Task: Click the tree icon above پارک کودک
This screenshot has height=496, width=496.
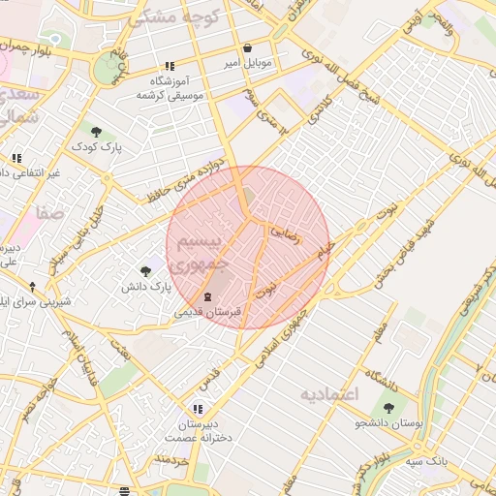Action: tap(95, 132)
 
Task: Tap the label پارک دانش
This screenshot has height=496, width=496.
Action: tap(145, 288)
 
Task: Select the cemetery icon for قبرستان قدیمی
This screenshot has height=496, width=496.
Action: tap(206, 296)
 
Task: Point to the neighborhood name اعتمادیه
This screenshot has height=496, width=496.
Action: tap(328, 394)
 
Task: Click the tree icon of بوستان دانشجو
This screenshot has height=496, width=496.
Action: tap(388, 408)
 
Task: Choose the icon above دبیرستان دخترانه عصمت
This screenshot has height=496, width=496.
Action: tap(199, 409)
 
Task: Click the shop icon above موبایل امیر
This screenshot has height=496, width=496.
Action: tap(247, 47)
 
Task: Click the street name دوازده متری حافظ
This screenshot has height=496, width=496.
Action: tap(190, 177)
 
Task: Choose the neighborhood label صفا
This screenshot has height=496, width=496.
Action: tap(49, 212)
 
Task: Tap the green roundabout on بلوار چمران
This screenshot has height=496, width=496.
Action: tap(108, 69)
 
